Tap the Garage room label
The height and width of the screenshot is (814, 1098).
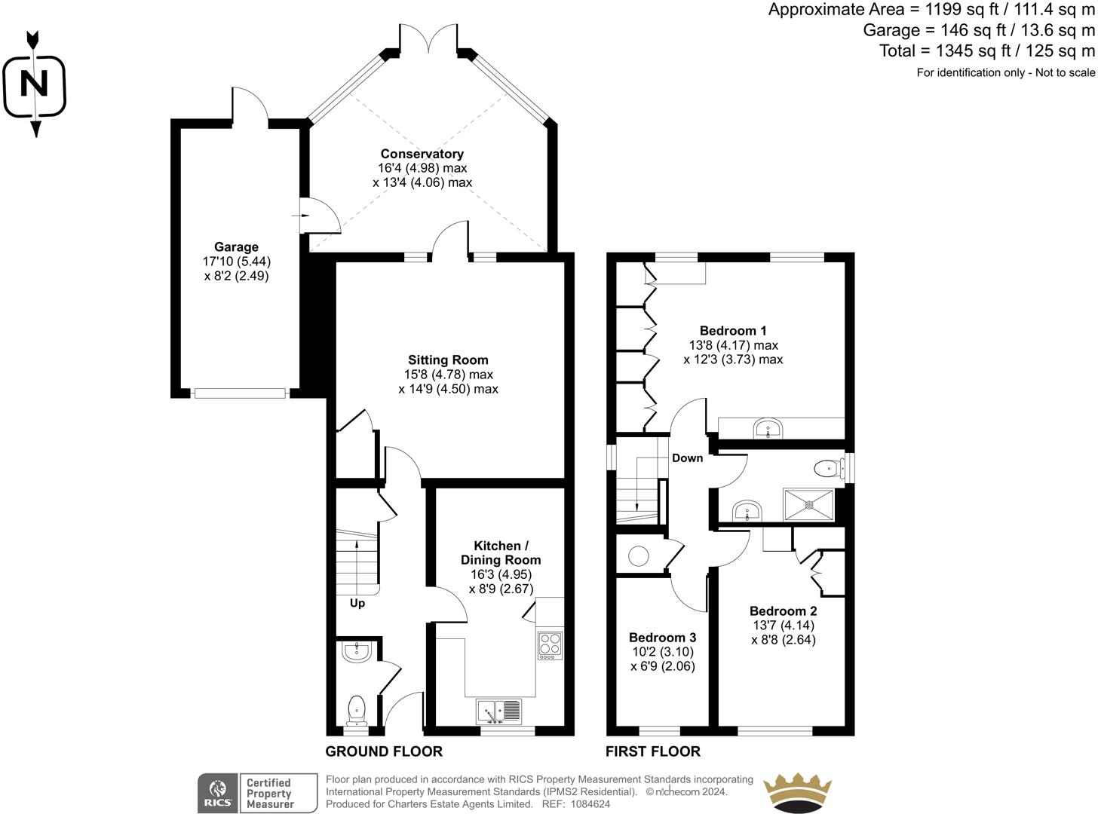(x=236, y=247)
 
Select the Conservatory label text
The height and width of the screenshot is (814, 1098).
(x=422, y=154)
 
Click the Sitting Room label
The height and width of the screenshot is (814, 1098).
(x=448, y=360)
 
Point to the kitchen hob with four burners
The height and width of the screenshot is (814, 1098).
(x=550, y=646)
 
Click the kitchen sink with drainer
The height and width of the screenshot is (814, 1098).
(x=498, y=711)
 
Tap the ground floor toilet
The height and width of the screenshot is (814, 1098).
(x=356, y=710)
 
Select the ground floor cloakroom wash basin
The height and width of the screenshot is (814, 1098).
(x=355, y=652)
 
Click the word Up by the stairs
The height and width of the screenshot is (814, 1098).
(x=357, y=603)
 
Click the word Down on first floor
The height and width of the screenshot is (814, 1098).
(x=687, y=458)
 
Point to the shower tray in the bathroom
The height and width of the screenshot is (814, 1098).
(x=809, y=504)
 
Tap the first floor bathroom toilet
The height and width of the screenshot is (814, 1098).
(x=828, y=469)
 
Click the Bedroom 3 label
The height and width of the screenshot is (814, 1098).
(x=662, y=638)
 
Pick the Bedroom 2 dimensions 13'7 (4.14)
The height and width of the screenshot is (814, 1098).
(x=783, y=626)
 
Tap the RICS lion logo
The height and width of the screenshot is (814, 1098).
(x=217, y=794)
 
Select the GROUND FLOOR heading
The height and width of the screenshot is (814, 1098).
(x=384, y=751)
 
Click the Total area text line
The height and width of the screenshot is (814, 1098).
(x=986, y=50)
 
